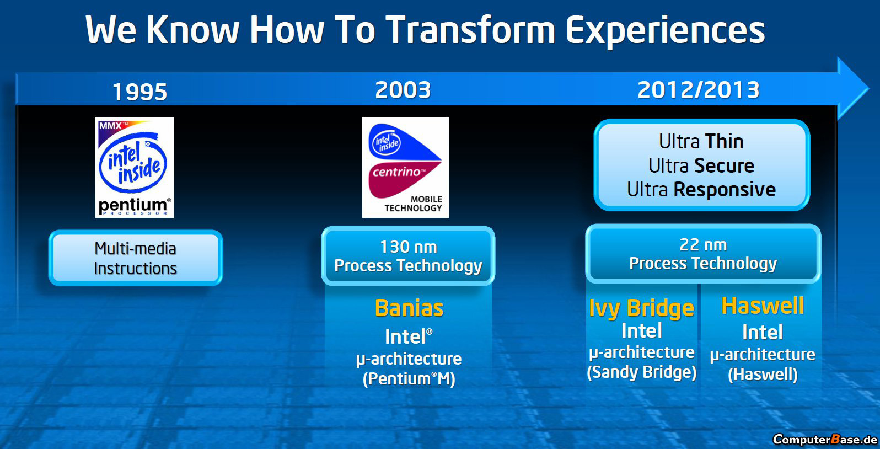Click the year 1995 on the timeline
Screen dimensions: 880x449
140,92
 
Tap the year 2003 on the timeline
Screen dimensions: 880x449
403,90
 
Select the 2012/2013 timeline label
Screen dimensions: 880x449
699,90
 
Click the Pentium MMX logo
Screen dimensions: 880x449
135,168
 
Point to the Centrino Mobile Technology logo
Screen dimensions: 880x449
405,167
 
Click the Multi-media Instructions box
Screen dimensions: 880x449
136,258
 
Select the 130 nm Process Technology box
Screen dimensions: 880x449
408,256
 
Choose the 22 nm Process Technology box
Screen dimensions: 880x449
703,254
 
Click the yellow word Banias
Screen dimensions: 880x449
409,308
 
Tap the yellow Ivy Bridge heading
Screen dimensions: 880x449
642,309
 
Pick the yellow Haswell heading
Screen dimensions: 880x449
763,306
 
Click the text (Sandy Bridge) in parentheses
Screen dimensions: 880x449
642,372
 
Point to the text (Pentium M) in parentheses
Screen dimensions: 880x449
409,379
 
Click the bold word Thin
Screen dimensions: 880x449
724,142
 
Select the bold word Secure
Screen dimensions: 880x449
724,165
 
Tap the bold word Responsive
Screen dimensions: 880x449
725,190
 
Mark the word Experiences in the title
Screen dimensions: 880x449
665,31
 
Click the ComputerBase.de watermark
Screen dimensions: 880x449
825,439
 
